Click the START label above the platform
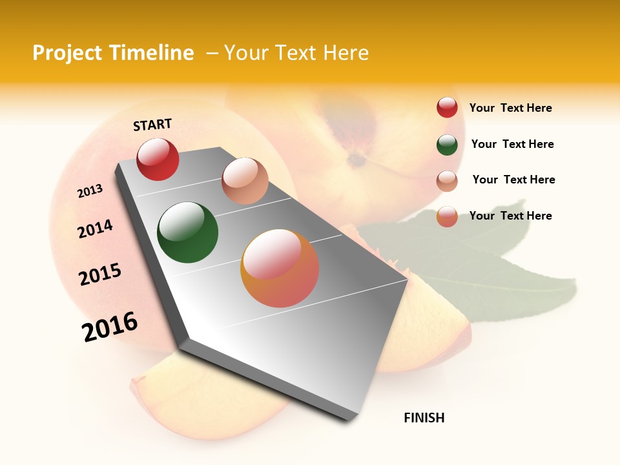pos(152,125)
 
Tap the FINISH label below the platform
pos(424,418)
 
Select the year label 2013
pos(90,191)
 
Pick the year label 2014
pos(95,229)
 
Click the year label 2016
pos(110,327)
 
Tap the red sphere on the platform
pos(158,159)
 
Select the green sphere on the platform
pos(187,232)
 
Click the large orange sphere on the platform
pos(280,268)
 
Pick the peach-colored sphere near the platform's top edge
pos(245,181)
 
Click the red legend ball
pos(447,107)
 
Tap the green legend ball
pos(447,144)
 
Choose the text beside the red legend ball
pos(510,108)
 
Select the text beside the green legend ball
pos(512,144)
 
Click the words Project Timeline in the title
pos(113,53)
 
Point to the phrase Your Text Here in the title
pos(296,53)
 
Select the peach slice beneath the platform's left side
pos(194,394)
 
